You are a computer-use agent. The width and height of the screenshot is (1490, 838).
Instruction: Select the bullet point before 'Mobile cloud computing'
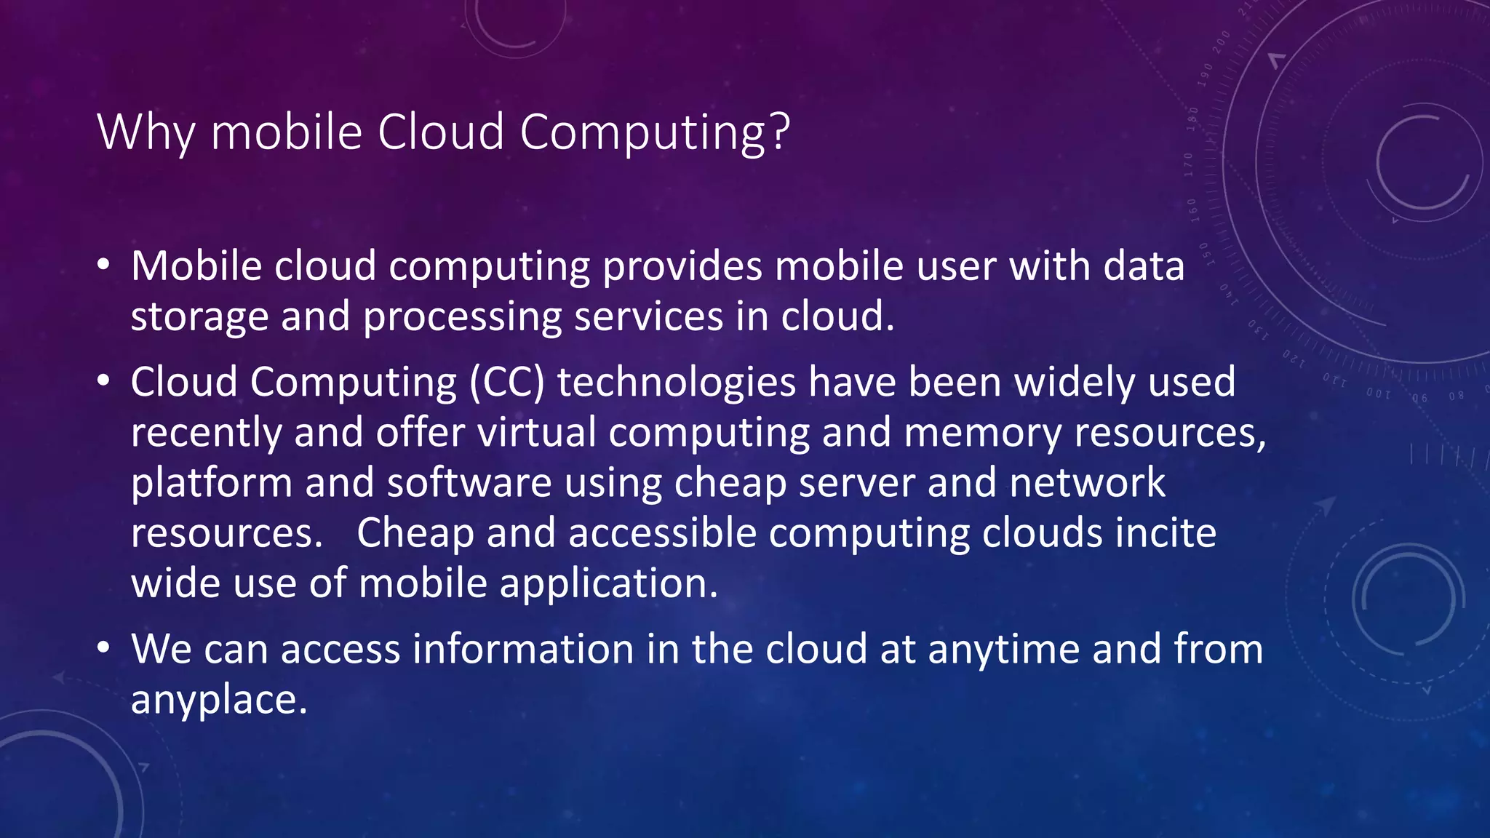103,266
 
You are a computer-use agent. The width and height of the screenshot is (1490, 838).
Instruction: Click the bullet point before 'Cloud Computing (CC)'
103,381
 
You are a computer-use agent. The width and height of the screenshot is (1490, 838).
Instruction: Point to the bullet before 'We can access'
103,648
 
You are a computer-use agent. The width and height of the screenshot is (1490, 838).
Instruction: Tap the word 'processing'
462,317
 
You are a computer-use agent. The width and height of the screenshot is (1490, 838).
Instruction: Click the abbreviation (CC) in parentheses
507,382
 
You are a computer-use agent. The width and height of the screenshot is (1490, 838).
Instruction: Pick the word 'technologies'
677,382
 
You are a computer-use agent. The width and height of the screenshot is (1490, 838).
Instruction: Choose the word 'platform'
212,483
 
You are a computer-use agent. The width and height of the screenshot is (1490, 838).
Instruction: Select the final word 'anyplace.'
219,700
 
